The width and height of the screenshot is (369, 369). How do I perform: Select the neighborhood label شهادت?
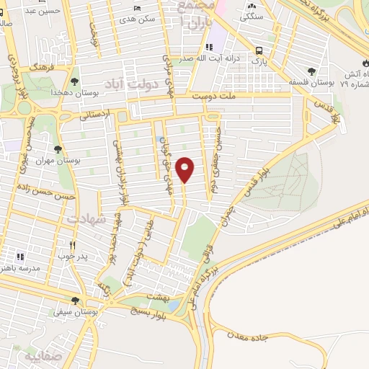[86, 217]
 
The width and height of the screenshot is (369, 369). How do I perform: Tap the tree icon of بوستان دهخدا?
[75, 81]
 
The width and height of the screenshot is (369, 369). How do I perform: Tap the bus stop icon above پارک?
[259, 50]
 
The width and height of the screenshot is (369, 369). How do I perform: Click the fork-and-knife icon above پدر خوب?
[72, 244]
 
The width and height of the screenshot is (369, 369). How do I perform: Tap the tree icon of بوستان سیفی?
[75, 301]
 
